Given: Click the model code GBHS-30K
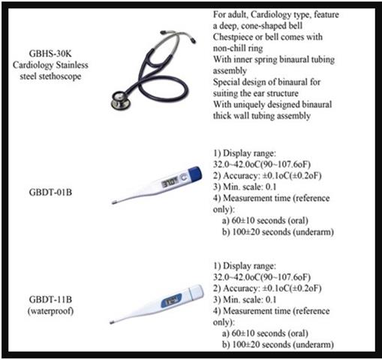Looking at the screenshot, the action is [50, 53].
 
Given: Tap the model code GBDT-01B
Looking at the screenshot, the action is [50, 192].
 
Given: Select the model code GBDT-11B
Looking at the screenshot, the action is [50, 299].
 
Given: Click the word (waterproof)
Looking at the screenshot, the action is [50, 310].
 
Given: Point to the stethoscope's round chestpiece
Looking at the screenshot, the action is [120, 100].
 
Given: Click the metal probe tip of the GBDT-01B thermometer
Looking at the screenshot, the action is [114, 202].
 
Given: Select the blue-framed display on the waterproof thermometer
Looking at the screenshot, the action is [171, 300].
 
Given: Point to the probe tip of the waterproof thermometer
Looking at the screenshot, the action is [113, 322].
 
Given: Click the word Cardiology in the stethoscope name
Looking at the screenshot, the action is [33, 65].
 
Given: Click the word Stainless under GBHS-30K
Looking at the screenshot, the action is [72, 65].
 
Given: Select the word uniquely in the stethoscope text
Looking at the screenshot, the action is [249, 104].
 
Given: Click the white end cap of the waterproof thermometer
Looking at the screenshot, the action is [196, 292].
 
